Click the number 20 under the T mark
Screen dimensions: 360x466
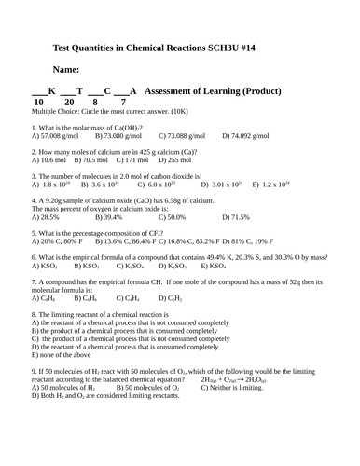click(68, 103)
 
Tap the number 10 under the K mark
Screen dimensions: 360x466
click(38, 103)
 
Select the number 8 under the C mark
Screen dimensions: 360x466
click(94, 103)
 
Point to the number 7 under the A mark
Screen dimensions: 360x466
click(123, 103)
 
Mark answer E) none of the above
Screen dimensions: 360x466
click(66, 355)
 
